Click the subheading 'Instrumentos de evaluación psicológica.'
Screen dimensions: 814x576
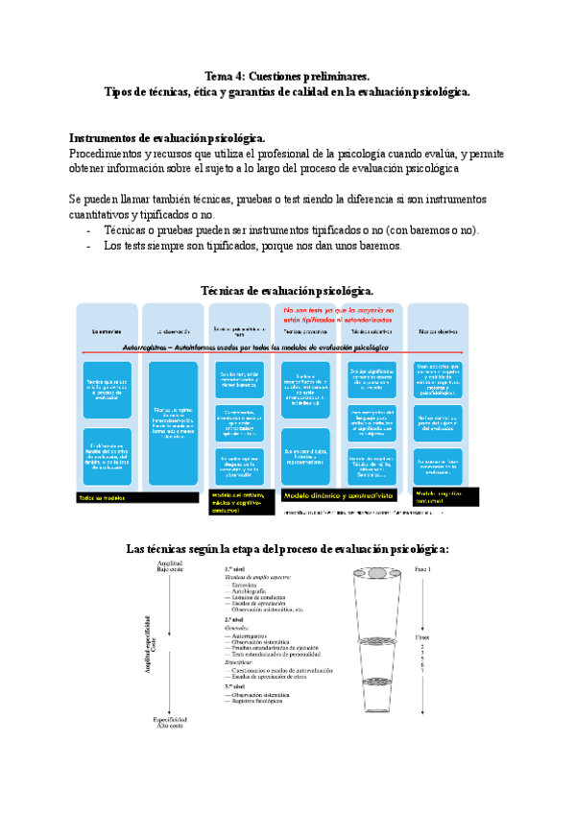168,137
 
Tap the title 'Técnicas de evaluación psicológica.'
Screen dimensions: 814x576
287,290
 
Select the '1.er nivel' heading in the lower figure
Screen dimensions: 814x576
236,569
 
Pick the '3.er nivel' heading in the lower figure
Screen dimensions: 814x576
236,685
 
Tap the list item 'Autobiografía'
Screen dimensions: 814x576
252,590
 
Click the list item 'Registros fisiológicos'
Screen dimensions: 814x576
257,701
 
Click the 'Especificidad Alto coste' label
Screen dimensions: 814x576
169,723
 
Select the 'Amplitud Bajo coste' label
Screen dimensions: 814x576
169,566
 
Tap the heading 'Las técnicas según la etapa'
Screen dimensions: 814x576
288,549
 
